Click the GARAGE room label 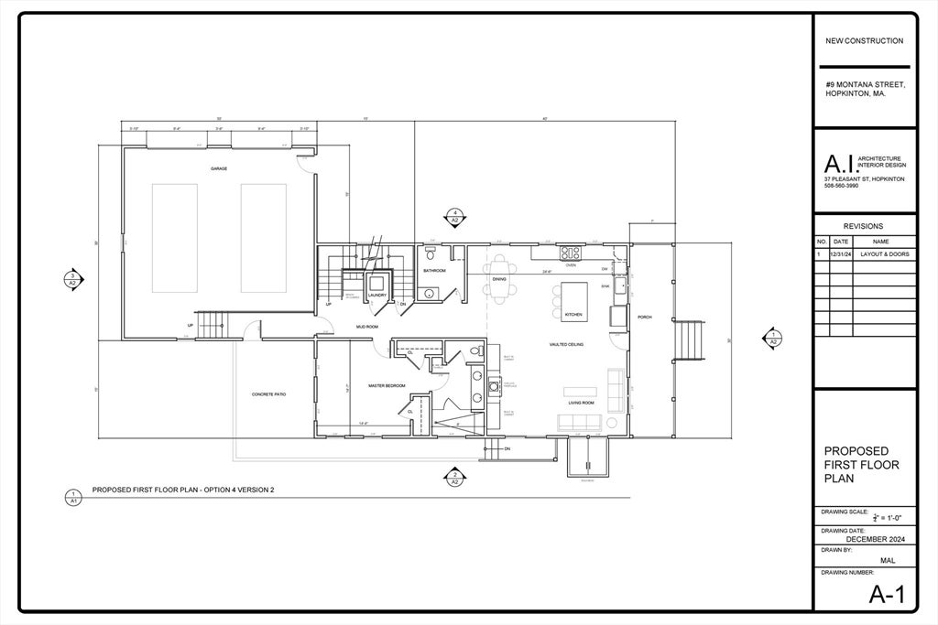tap(219, 169)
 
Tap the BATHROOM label tap(434, 271)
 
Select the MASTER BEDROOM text tap(387, 386)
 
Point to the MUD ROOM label tap(367, 327)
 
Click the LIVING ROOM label tap(581, 403)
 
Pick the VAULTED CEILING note tap(566, 344)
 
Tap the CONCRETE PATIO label tap(269, 394)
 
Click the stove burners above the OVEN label tap(571, 252)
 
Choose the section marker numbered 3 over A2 tap(73, 279)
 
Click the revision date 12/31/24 tap(840, 253)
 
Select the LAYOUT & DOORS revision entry tap(885, 253)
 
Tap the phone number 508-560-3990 tap(842, 186)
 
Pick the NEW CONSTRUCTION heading tap(864, 40)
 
